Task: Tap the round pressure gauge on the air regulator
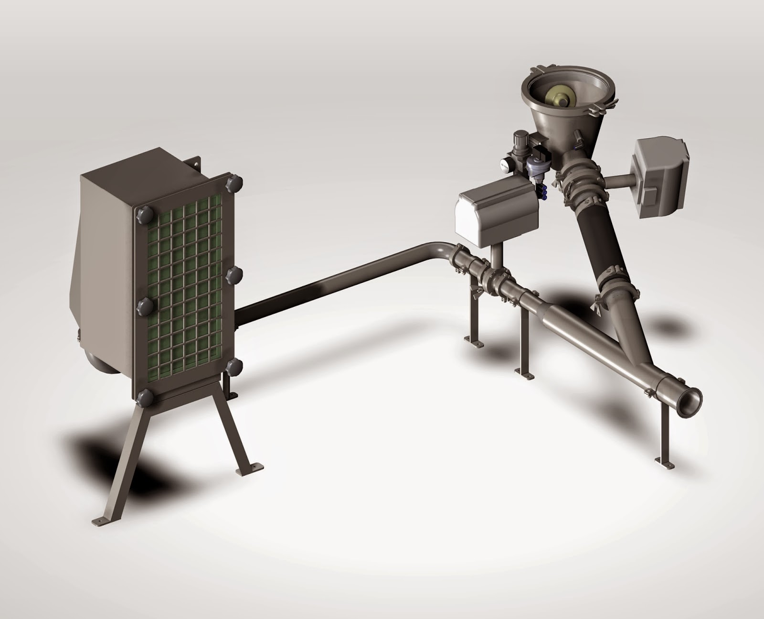point(505,164)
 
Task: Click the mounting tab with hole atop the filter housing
point(193,167)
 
